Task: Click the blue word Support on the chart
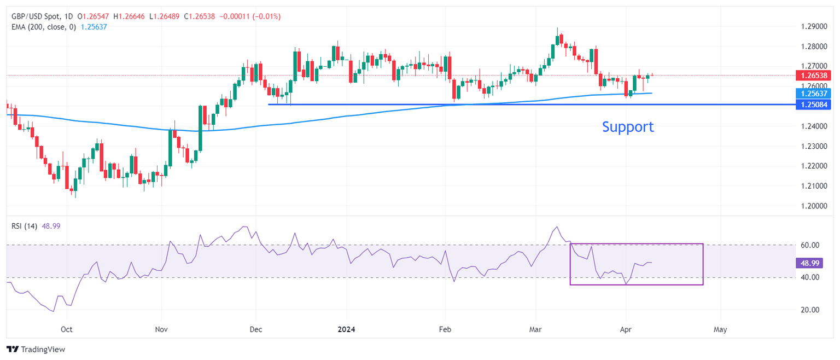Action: click(628, 127)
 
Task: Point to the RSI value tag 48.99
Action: click(808, 263)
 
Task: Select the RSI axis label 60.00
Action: click(808, 245)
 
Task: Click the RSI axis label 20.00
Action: click(808, 310)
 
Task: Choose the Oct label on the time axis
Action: click(67, 330)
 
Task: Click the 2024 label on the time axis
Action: click(346, 330)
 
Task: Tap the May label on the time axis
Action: click(720, 330)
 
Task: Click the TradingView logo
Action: click(36, 349)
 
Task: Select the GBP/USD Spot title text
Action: click(36, 17)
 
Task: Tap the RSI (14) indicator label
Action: click(24, 226)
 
